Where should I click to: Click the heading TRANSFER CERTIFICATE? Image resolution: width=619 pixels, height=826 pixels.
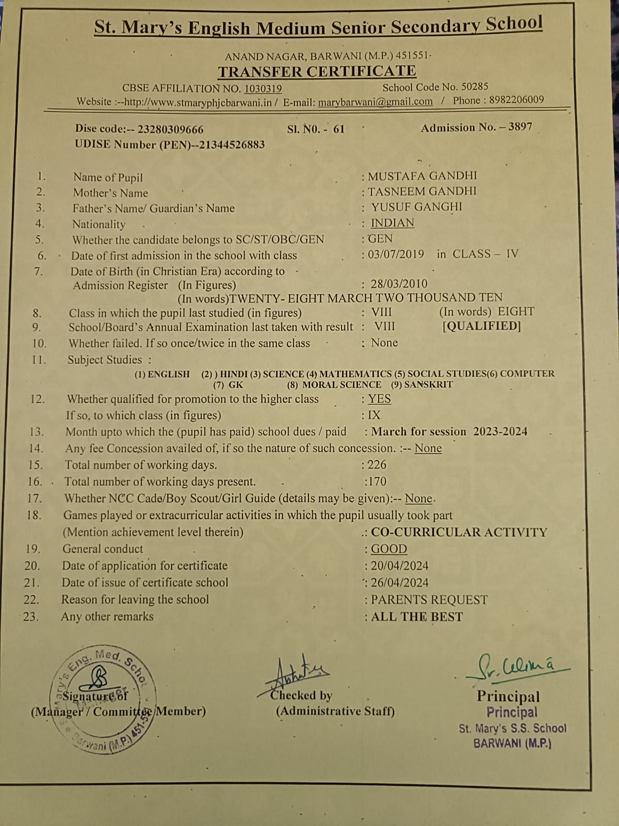tap(317, 71)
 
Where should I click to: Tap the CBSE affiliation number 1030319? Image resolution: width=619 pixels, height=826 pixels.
tap(263, 88)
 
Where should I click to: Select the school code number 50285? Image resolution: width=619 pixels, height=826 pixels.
tap(475, 87)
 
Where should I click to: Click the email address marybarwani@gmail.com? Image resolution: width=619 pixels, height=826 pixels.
tap(375, 102)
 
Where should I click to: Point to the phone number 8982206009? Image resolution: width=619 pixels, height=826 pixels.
tap(516, 100)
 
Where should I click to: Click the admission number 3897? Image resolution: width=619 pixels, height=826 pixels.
tap(520, 127)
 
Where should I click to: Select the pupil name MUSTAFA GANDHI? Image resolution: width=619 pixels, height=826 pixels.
tap(422, 176)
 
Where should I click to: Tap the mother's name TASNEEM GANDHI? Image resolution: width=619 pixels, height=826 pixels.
tap(422, 191)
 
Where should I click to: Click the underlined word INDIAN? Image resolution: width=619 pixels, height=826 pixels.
tap(392, 223)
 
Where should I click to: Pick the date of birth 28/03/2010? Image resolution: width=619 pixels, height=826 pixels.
tap(399, 283)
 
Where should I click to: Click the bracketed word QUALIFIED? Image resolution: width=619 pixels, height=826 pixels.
tap(482, 326)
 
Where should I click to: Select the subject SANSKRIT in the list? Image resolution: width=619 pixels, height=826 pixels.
tap(428, 385)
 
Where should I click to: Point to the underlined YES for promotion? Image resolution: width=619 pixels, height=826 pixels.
tap(379, 399)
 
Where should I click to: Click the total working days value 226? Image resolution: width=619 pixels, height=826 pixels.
tap(377, 465)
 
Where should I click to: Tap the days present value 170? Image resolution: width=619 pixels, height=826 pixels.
tap(377, 481)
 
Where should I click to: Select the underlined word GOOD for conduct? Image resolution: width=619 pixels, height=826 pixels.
tap(389, 549)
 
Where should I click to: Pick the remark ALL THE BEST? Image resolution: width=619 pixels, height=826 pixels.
tap(417, 616)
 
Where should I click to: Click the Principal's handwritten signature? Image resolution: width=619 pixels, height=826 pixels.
tap(516, 667)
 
